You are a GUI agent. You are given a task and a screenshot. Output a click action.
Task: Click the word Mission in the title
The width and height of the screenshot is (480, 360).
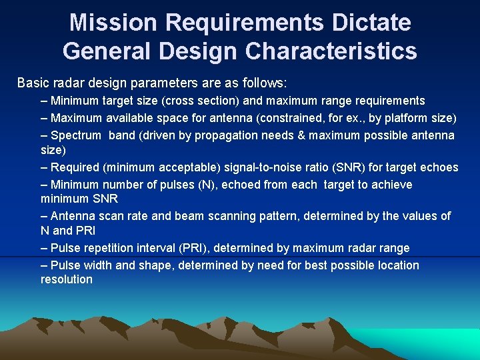click(113, 23)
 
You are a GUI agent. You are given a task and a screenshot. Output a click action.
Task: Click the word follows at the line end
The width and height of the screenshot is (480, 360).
click(266, 83)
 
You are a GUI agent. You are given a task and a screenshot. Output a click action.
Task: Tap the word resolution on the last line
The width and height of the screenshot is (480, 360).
click(67, 279)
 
